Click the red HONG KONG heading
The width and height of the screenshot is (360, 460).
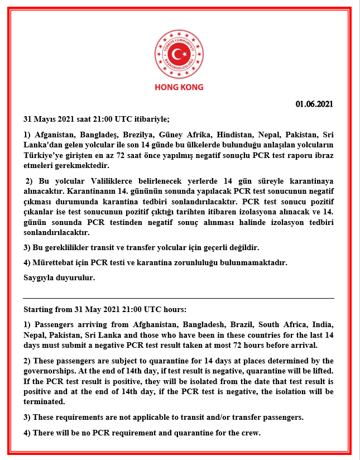click(179, 87)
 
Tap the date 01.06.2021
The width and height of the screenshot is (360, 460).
click(315, 103)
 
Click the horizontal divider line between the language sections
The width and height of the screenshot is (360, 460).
click(179, 298)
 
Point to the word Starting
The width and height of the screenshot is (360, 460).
click(40, 309)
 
